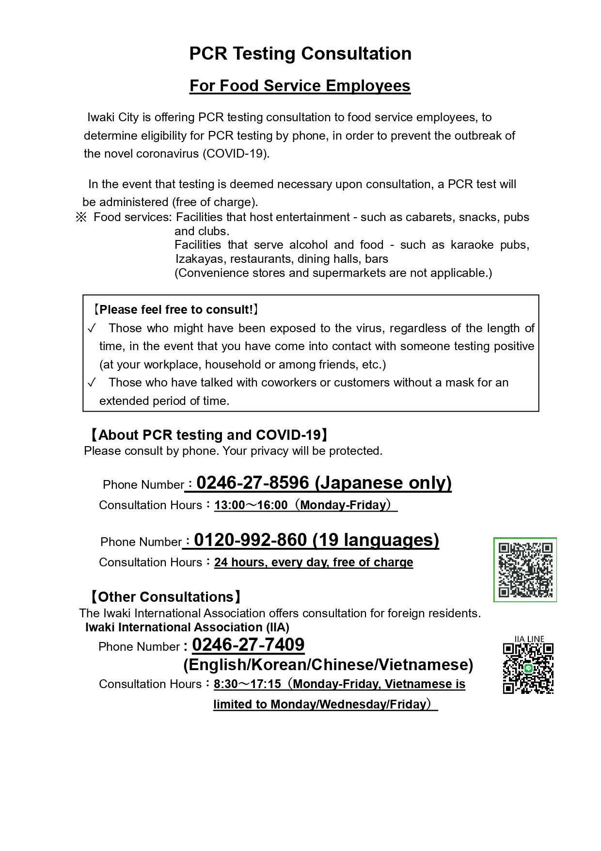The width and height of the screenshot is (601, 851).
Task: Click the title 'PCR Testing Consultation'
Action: click(300, 53)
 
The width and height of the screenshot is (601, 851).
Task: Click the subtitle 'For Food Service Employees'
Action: click(300, 86)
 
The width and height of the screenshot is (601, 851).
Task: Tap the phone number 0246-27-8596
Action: click(253, 482)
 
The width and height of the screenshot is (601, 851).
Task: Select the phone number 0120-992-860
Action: click(250, 540)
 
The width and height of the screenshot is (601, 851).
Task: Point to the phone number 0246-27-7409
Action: click(248, 645)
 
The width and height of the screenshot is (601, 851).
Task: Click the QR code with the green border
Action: click(525, 570)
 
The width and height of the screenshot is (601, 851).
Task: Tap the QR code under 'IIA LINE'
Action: click(528, 668)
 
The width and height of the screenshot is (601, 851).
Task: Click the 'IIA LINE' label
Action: click(529, 639)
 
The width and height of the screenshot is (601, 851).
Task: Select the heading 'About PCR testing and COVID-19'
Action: click(209, 435)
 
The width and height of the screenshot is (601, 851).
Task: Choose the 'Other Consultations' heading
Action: click(165, 597)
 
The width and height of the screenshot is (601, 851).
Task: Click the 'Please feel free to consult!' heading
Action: click(176, 309)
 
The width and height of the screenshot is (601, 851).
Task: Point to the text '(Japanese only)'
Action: click(383, 482)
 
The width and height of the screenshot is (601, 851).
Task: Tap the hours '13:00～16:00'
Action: click(251, 505)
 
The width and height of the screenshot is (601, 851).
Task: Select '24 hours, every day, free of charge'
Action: click(314, 562)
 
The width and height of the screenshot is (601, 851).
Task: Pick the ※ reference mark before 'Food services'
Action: click(80, 217)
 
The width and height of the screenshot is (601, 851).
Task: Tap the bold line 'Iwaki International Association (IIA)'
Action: click(187, 627)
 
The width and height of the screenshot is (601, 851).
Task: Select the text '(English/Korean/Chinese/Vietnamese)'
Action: click(328, 665)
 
